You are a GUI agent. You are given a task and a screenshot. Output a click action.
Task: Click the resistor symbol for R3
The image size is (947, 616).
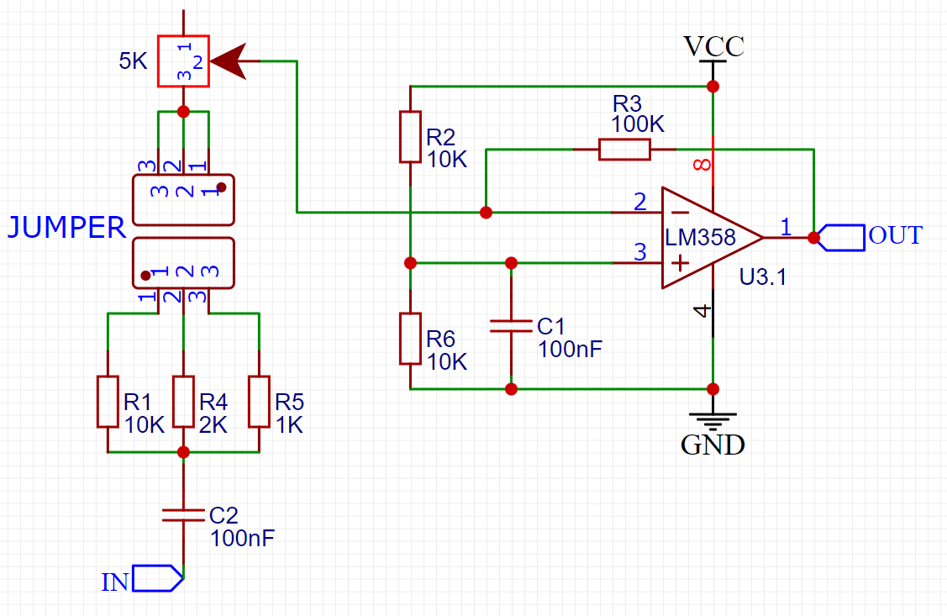[x=624, y=150]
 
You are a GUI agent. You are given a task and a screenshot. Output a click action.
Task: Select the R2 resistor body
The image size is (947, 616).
[x=409, y=136]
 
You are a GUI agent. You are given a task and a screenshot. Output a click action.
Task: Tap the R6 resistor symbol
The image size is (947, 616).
[x=409, y=338]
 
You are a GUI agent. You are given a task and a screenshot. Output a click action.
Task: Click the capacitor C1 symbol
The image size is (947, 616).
[x=511, y=325]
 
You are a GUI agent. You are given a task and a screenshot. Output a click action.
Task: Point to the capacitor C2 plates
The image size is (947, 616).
[x=183, y=514]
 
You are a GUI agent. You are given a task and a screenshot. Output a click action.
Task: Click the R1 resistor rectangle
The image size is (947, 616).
[x=108, y=402]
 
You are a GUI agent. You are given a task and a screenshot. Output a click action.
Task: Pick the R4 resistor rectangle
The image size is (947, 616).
[x=183, y=402]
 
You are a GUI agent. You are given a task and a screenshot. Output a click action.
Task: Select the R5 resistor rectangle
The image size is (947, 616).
[x=259, y=402]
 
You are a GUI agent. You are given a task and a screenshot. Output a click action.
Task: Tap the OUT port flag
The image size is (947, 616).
[x=843, y=238]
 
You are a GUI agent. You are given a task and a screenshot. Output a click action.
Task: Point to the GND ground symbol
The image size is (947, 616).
[x=713, y=419]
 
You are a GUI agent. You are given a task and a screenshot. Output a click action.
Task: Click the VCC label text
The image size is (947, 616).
[x=713, y=46]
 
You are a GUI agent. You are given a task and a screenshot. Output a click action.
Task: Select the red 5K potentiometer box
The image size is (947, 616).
[x=182, y=61]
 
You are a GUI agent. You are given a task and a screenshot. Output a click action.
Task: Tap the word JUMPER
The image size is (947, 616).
[x=67, y=228]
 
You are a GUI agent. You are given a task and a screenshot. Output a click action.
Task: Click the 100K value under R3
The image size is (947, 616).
[x=637, y=125]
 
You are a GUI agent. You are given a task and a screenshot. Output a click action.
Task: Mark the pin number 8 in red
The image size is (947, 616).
[x=701, y=165]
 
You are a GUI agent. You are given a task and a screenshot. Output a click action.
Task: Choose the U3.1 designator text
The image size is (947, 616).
[x=763, y=276]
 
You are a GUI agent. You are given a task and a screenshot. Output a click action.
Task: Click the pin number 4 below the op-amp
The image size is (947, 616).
[x=702, y=312]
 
